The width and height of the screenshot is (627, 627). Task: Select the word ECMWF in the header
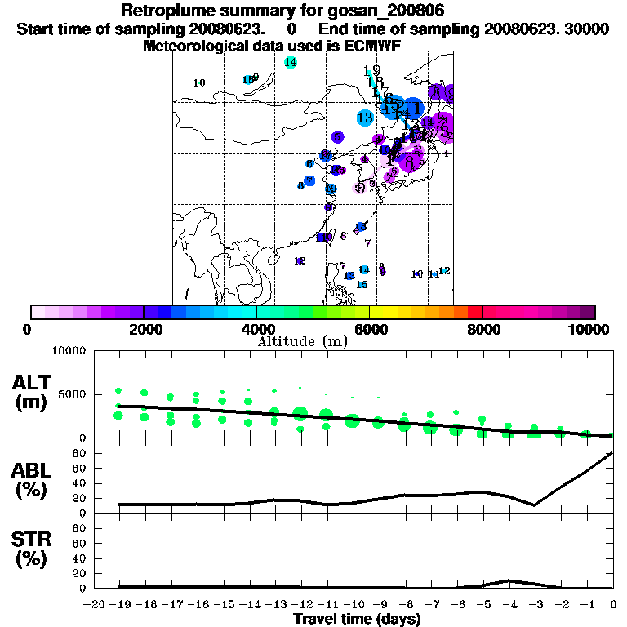pyautogui.click(x=367, y=46)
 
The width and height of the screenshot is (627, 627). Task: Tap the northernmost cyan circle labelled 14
pyautogui.click(x=291, y=63)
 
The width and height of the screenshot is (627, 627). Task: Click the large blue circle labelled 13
pyautogui.click(x=365, y=118)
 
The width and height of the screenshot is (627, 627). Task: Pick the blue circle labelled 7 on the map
pyautogui.click(x=309, y=181)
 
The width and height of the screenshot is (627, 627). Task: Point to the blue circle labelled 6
pyautogui.click(x=309, y=164)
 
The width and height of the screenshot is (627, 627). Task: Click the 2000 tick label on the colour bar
pyautogui.click(x=144, y=330)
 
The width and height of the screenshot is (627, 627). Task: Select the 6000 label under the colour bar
pyautogui.click(x=370, y=330)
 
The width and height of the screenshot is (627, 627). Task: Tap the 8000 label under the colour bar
pyautogui.click(x=482, y=330)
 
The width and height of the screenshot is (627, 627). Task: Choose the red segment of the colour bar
pyautogui.click(x=475, y=312)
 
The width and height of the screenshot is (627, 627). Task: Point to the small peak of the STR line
pyautogui.click(x=509, y=580)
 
